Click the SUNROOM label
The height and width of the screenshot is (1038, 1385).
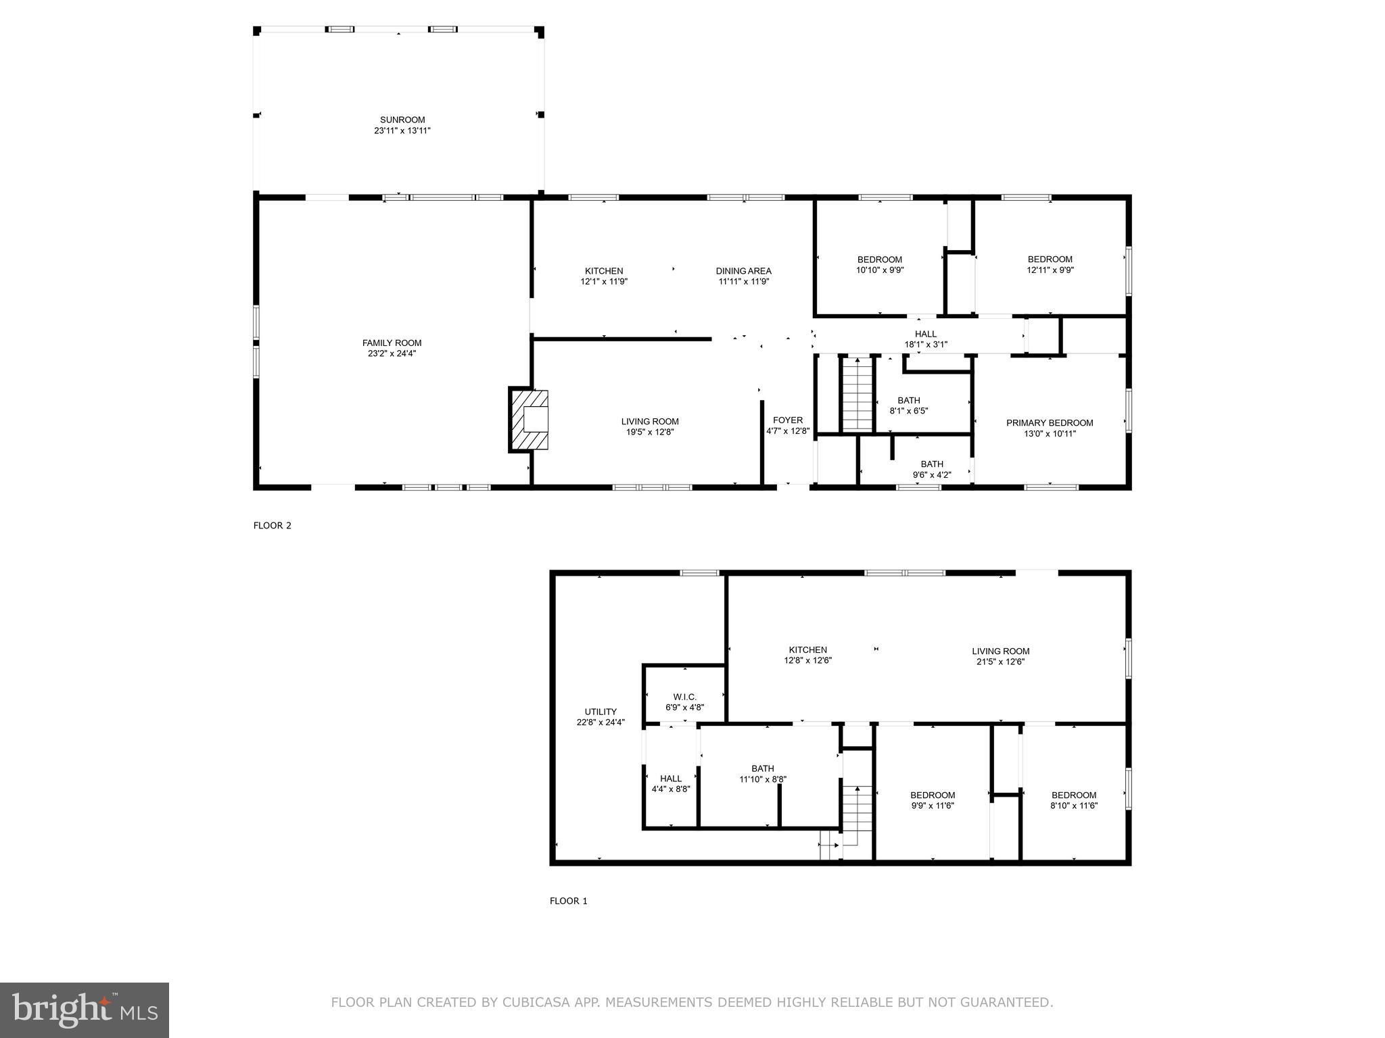pyautogui.click(x=402, y=120)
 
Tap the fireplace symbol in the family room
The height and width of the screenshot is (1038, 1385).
pyautogui.click(x=530, y=420)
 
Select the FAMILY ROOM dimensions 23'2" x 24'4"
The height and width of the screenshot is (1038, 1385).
pyautogui.click(x=392, y=353)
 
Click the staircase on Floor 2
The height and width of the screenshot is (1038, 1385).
pyautogui.click(x=858, y=394)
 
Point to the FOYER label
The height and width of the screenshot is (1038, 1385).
pyautogui.click(x=787, y=420)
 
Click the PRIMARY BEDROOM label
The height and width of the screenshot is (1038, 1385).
pyautogui.click(x=1049, y=423)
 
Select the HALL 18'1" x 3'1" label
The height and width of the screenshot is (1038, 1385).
pyautogui.click(x=925, y=339)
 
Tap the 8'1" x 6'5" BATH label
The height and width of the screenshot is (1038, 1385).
pyautogui.click(x=908, y=405)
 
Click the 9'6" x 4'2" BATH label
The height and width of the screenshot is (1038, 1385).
pyautogui.click(x=931, y=469)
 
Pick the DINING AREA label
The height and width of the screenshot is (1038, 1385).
pyautogui.click(x=743, y=271)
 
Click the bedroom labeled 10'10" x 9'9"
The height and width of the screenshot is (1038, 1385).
pyautogui.click(x=879, y=264)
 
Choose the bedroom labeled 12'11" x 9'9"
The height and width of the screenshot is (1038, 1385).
pyautogui.click(x=1050, y=264)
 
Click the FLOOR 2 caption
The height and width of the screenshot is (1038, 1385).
pyautogui.click(x=272, y=526)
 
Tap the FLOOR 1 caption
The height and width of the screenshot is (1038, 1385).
pyautogui.click(x=568, y=901)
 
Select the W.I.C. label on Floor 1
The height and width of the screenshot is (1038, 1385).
pyautogui.click(x=684, y=697)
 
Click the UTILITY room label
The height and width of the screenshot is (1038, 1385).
pyautogui.click(x=600, y=712)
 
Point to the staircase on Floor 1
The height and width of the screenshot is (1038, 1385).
pyautogui.click(x=857, y=811)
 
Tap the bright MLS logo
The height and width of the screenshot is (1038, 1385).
pyautogui.click(x=85, y=1010)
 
